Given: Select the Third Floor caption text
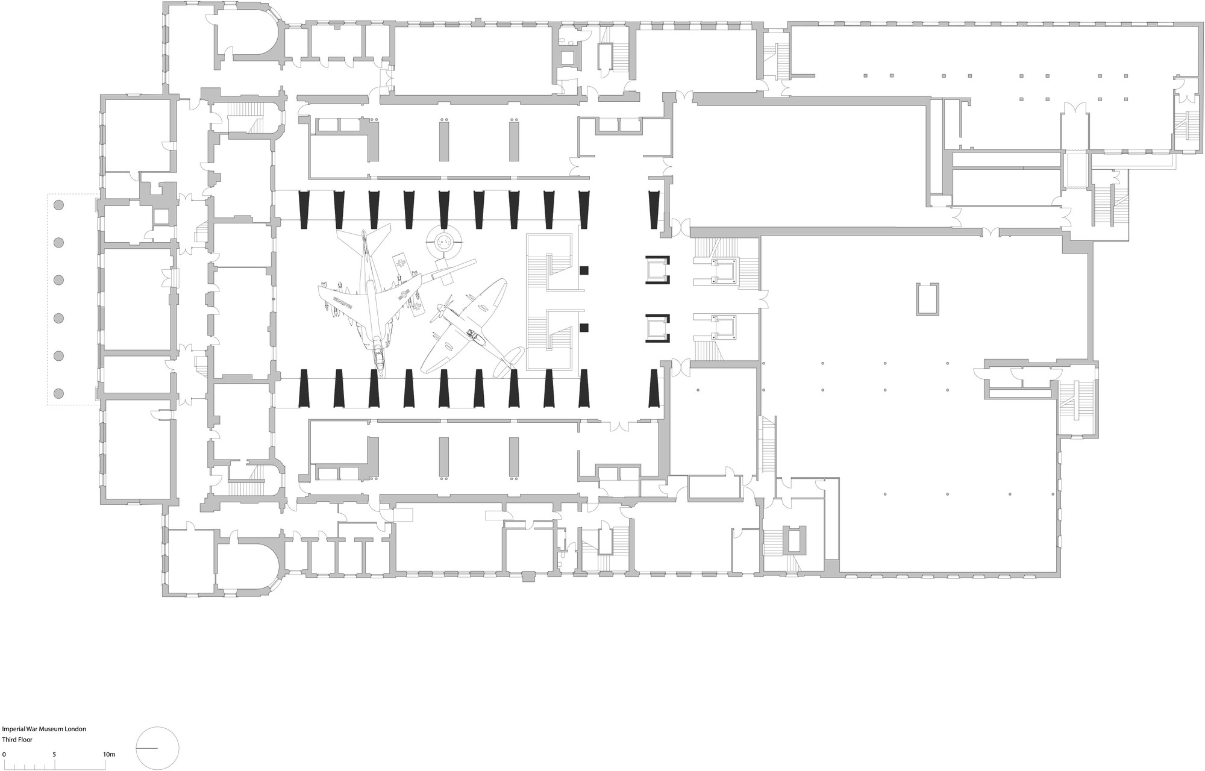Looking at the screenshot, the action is [x=18, y=739].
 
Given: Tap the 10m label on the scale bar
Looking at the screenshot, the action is [x=109, y=754].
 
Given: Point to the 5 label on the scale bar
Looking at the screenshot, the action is [x=54, y=754].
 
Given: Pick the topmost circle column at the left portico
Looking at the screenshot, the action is [x=58, y=205].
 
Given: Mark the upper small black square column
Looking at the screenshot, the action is [x=584, y=270].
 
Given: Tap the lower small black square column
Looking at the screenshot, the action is [x=584, y=328].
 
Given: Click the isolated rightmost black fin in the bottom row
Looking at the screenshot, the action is [x=654, y=389].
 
